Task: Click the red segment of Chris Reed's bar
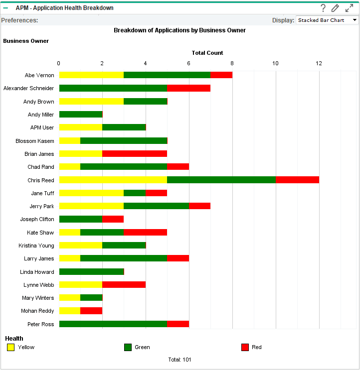[297, 180]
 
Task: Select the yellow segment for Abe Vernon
[91, 75]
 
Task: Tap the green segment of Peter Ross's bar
[113, 324]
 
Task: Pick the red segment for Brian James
[135, 154]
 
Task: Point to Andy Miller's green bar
[81, 115]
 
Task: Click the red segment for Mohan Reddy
[91, 311]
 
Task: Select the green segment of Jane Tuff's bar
[135, 193]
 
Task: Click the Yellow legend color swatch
[10, 347]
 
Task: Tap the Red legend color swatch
[245, 347]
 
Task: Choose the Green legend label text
[142, 347]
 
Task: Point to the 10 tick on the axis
[276, 63]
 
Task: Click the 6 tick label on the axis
[189, 63]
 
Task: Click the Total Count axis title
[207, 53]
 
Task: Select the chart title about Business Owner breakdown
[180, 30]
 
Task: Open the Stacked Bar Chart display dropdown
[327, 20]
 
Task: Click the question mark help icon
[323, 8]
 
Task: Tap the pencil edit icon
[335, 8]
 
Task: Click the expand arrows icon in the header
[349, 8]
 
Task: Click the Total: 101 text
[180, 360]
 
